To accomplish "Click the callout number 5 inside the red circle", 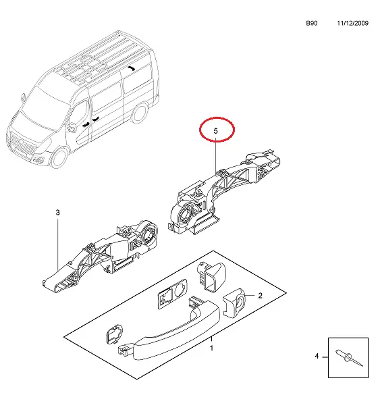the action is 215,131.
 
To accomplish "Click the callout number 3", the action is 58,213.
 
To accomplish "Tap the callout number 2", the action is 260,295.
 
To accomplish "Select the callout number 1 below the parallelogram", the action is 211,348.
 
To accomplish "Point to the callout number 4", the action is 317,356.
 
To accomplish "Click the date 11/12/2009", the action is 352,23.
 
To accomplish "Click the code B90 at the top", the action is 312,23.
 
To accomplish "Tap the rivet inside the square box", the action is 349,357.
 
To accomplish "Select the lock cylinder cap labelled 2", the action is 234,303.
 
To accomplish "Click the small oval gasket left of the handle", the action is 114,334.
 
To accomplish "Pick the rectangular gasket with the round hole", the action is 172,294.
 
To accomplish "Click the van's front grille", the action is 22,146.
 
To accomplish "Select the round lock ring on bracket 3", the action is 148,232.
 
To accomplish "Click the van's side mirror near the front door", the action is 71,128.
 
